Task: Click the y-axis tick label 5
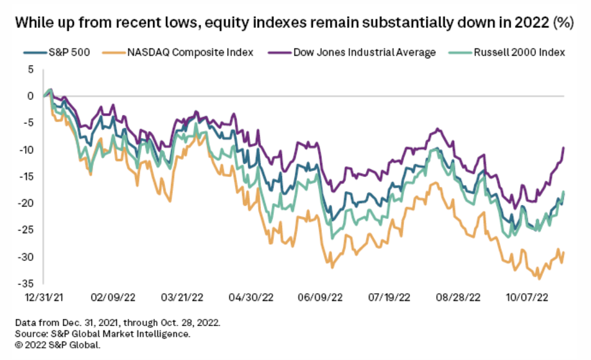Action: [30, 69]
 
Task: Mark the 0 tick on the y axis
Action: [30, 96]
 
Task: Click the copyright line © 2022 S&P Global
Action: [58, 345]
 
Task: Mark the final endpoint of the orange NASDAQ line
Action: [563, 251]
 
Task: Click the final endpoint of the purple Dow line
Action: [563, 147]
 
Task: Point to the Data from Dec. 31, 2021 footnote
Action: [118, 323]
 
